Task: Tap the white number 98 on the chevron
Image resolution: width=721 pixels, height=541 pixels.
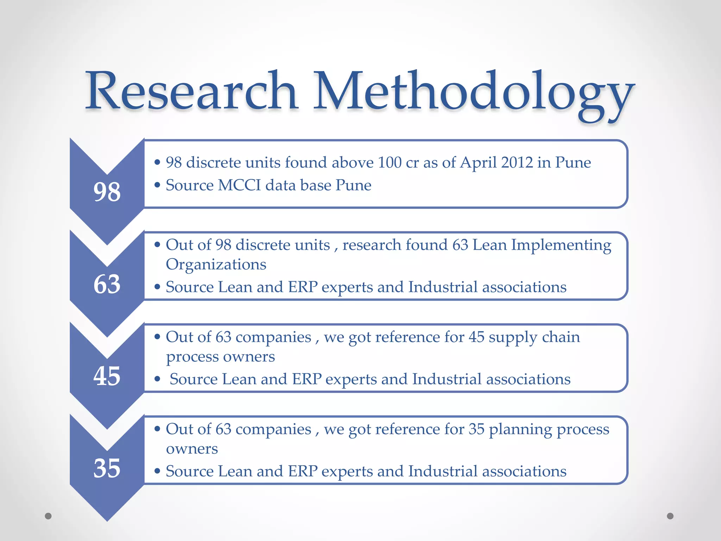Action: tap(107, 192)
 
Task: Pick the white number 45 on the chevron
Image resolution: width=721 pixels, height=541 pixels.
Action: tap(107, 376)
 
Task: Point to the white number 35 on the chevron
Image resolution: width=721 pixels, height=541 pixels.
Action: tap(107, 468)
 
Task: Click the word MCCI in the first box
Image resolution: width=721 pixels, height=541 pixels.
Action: tap(239, 185)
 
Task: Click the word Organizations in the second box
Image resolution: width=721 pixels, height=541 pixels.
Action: tap(216, 265)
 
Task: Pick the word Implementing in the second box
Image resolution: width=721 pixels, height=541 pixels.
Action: tap(561, 245)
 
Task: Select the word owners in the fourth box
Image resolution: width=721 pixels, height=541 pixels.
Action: tap(192, 449)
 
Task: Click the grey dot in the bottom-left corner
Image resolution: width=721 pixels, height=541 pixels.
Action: tap(48, 516)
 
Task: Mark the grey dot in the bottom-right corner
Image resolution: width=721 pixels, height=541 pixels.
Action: tap(670, 516)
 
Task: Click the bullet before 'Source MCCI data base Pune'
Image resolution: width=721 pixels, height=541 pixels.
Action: tap(157, 185)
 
